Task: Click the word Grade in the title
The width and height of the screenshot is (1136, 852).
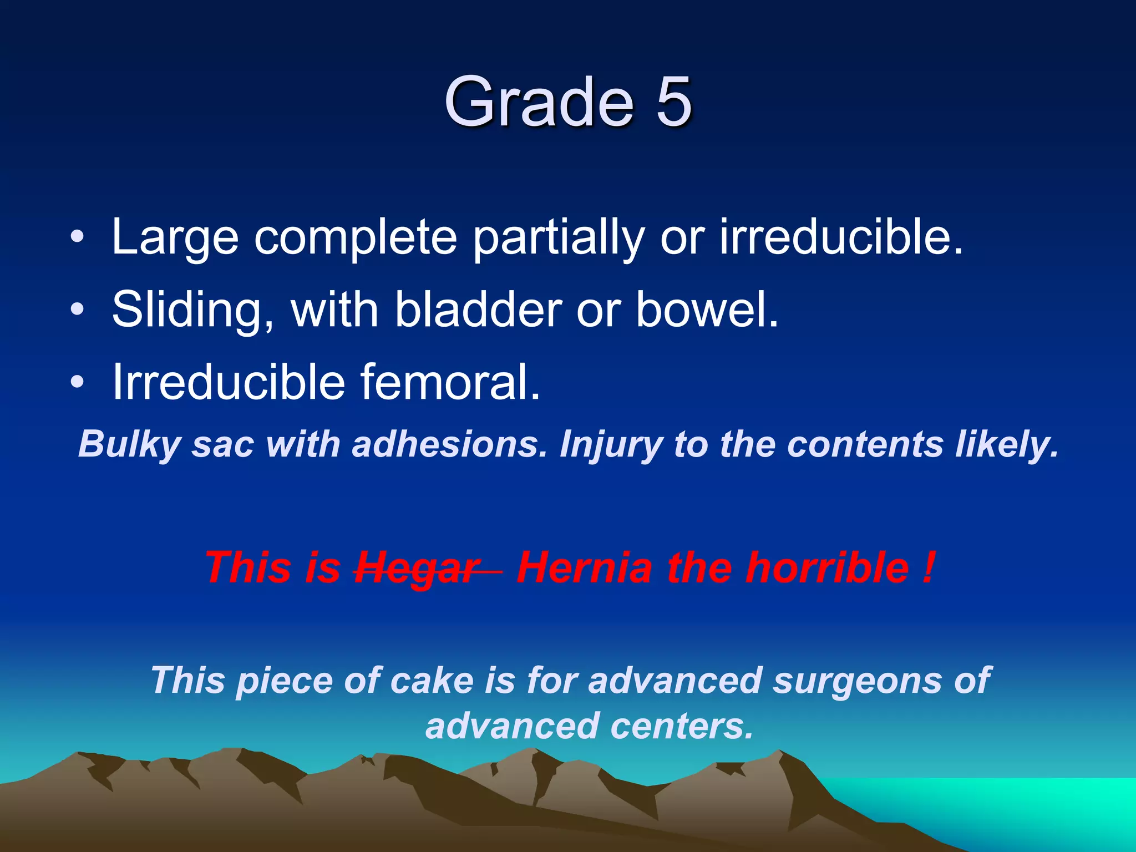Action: pos(538,102)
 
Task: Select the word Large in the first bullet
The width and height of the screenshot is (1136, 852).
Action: pos(175,237)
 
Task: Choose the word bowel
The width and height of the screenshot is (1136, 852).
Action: pos(707,310)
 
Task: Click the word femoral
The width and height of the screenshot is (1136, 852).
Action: pos(450,382)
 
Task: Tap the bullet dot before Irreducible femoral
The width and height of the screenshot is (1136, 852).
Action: pos(78,382)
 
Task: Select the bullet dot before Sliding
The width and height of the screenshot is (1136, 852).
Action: pos(78,310)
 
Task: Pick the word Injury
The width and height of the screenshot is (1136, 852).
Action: pos(610,445)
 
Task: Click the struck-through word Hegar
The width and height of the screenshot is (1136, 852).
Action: pos(418,569)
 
